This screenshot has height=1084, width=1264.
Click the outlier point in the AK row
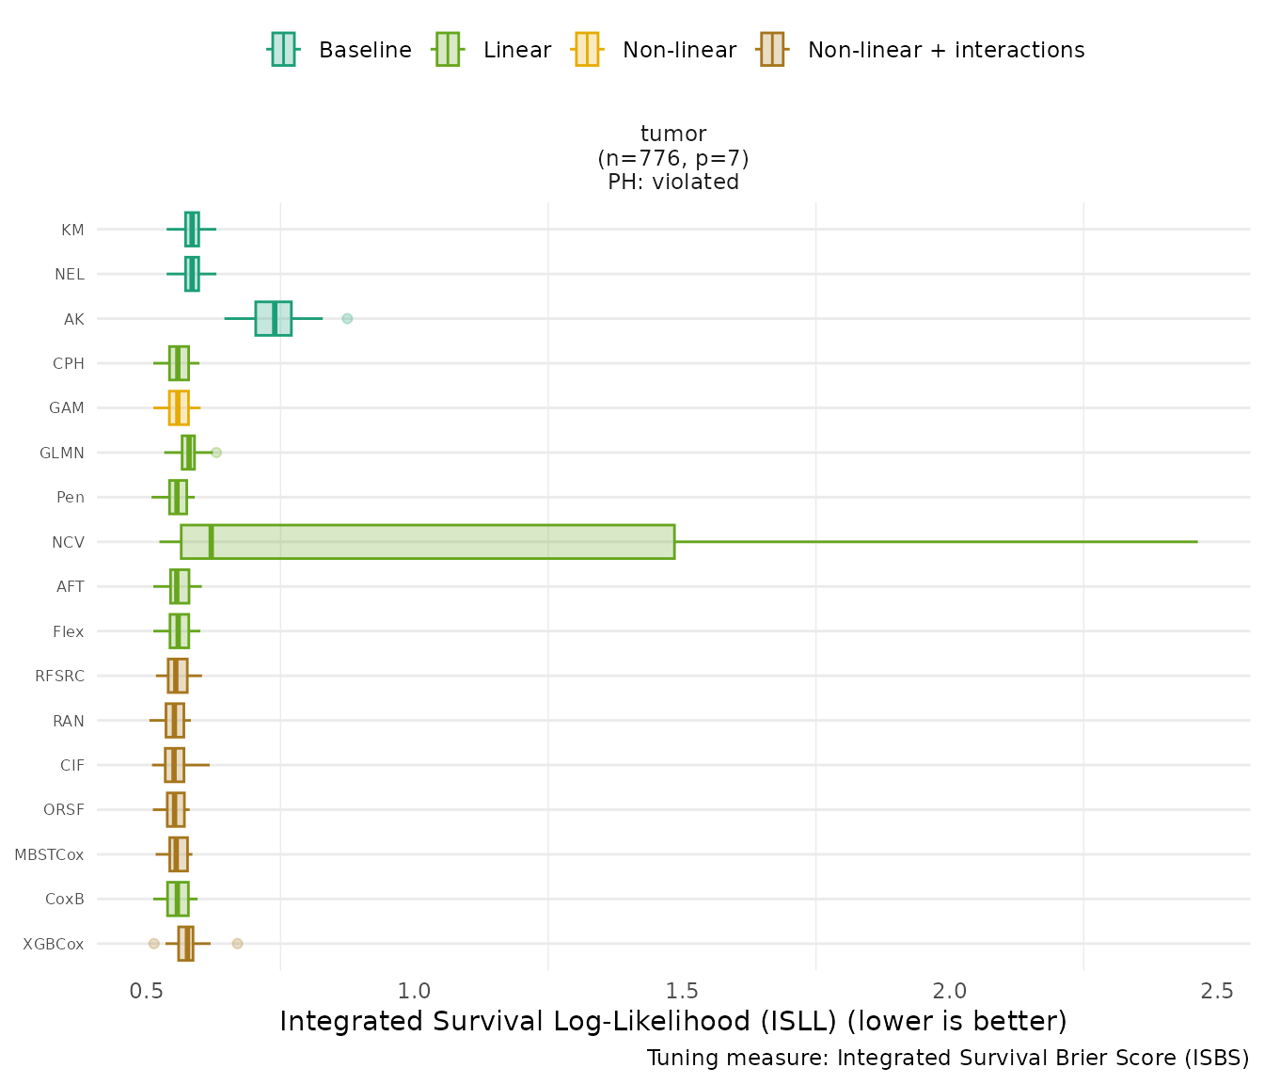(x=347, y=319)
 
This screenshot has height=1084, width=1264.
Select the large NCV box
(x=427, y=542)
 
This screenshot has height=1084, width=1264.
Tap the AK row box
(x=273, y=319)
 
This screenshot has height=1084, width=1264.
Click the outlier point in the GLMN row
(x=216, y=453)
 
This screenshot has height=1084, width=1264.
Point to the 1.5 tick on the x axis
(x=682, y=991)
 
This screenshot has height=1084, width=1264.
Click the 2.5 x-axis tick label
(x=1218, y=991)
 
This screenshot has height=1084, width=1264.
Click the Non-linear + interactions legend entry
(x=921, y=50)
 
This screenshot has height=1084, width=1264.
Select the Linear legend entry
(x=492, y=50)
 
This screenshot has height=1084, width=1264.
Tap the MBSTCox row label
(x=49, y=855)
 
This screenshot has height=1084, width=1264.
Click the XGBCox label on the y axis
(x=54, y=944)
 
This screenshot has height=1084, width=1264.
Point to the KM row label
(x=72, y=230)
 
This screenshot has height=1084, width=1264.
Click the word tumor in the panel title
(x=673, y=134)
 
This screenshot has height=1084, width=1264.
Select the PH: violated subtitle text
(x=673, y=182)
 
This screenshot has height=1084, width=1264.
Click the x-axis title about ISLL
(x=673, y=1021)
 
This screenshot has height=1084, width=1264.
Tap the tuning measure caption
(x=948, y=1058)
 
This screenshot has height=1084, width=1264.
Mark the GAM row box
(x=179, y=408)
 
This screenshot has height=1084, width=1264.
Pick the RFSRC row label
(x=59, y=677)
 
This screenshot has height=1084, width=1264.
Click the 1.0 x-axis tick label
(x=414, y=991)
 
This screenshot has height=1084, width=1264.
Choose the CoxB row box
(x=178, y=900)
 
